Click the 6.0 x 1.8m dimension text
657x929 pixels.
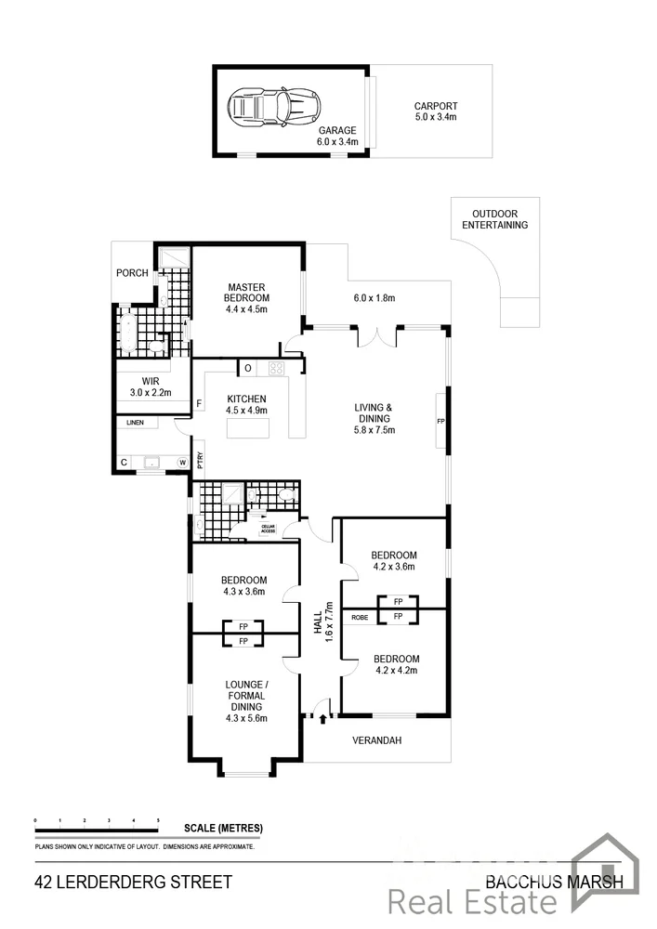pyautogui.click(x=374, y=298)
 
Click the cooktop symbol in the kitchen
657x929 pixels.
pyautogui.click(x=276, y=368)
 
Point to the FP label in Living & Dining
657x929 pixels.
pyautogui.click(x=441, y=421)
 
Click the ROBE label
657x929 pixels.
pyautogui.click(x=360, y=616)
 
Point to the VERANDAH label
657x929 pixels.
pyautogui.click(x=376, y=741)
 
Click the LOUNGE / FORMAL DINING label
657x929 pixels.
pyautogui.click(x=245, y=701)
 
